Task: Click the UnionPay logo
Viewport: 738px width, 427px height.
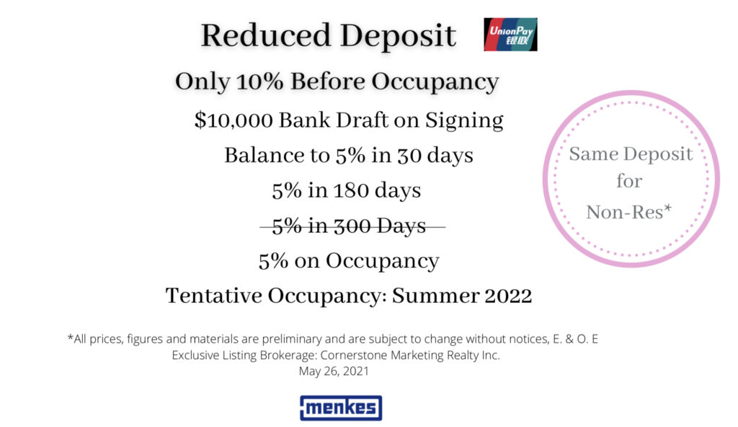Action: [x=510, y=35]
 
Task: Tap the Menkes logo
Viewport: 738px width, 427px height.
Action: [x=341, y=408]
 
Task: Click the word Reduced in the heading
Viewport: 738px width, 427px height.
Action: [x=265, y=36]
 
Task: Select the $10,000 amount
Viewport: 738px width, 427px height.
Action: [x=234, y=120]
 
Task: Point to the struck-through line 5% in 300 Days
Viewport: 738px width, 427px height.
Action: [x=349, y=226]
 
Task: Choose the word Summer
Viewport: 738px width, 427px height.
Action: [x=435, y=296]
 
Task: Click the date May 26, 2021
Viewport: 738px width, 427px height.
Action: [x=334, y=371]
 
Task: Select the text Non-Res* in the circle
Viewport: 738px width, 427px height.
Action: [x=628, y=212]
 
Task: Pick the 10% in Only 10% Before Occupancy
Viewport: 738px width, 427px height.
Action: [x=259, y=82]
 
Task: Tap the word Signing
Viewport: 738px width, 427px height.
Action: [x=464, y=120]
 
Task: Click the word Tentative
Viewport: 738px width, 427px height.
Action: [x=214, y=296]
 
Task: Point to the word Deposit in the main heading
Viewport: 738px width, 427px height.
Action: [x=398, y=37]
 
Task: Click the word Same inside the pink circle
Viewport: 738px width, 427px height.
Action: [x=593, y=154]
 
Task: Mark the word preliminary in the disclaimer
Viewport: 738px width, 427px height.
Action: [x=292, y=339]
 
